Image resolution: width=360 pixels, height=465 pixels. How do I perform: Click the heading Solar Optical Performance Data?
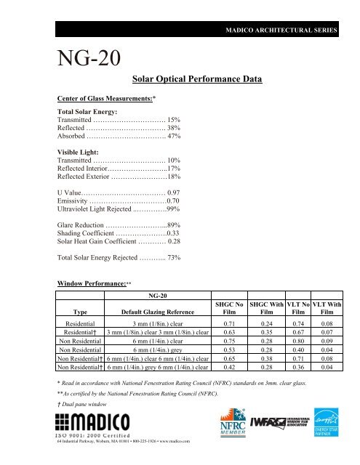coord(196,78)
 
